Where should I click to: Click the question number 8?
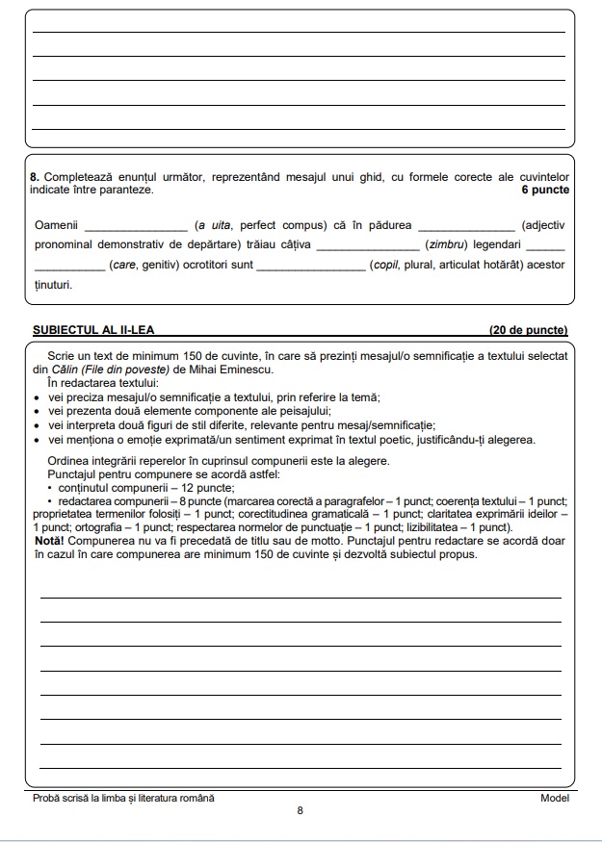pos(35,177)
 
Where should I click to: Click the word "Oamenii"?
pos(55,225)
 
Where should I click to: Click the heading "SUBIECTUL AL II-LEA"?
pos(93,330)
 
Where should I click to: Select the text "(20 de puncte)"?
pos(528,330)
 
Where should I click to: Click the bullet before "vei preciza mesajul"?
pos(37,397)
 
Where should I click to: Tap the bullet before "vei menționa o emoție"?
pos(37,440)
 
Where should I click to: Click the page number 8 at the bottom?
pos(301,811)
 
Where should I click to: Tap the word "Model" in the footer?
pos(554,798)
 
